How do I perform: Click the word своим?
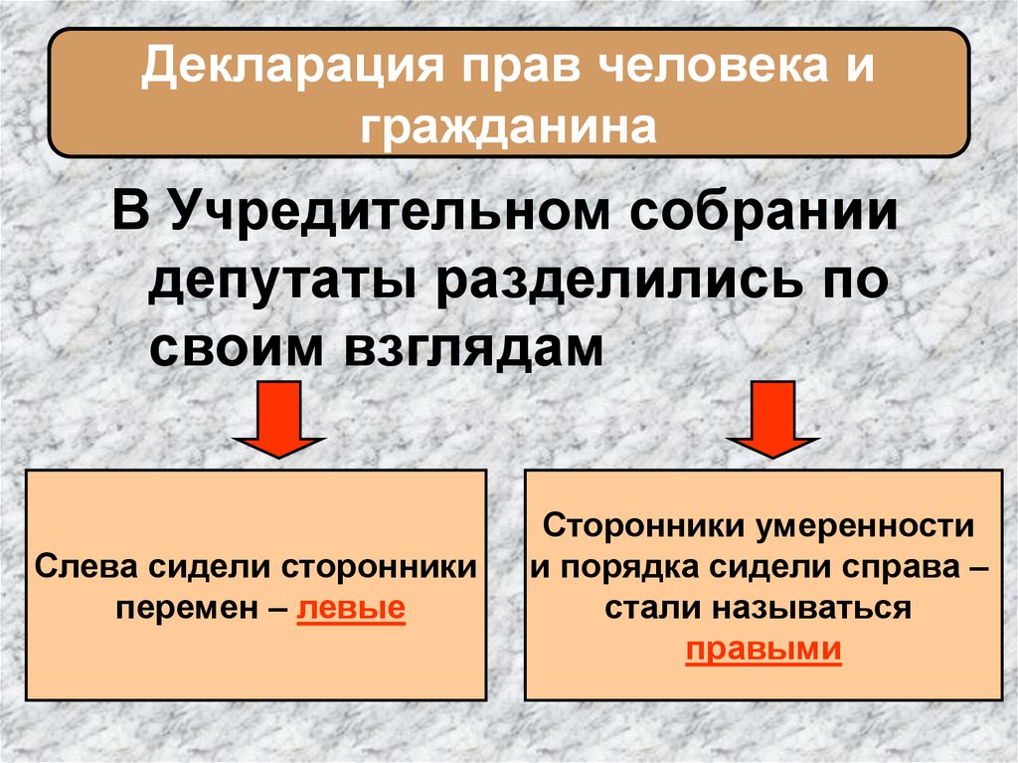pos(239,348)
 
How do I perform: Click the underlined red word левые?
pos(351,606)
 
